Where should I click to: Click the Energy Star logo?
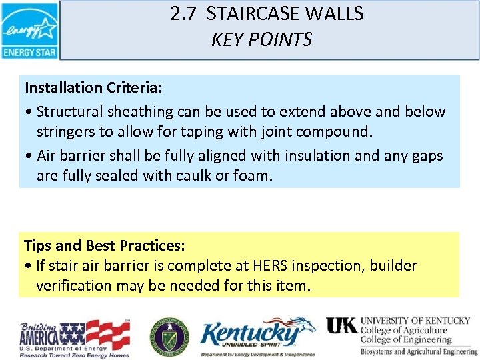30,30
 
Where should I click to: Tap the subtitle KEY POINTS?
261,40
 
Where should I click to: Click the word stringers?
66,131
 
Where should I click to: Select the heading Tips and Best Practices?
105,245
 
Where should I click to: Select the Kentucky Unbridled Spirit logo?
257,337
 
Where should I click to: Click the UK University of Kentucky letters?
341,325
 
